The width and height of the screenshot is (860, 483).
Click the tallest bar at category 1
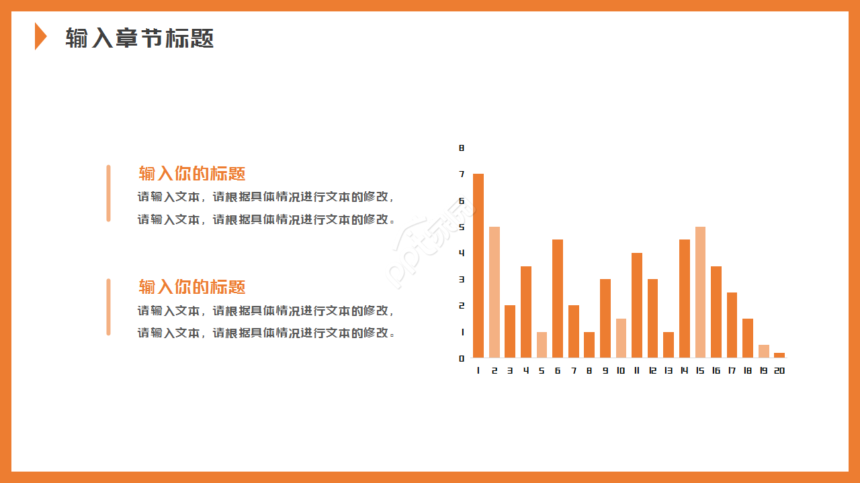(x=478, y=266)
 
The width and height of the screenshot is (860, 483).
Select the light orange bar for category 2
(x=494, y=292)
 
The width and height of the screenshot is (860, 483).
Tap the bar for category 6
(x=558, y=299)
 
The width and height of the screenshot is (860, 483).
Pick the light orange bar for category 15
(x=700, y=292)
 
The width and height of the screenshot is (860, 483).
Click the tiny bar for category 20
(x=779, y=356)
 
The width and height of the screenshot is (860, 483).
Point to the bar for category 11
(x=637, y=305)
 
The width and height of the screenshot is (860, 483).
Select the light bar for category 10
(x=621, y=338)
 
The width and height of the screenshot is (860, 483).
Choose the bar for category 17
(x=732, y=325)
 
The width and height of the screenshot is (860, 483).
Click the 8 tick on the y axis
(x=462, y=148)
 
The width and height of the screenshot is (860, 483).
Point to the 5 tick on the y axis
(x=462, y=227)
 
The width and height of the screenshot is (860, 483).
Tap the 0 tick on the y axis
(x=462, y=358)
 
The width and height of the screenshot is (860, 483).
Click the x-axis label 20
(x=779, y=370)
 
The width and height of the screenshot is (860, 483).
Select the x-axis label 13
(x=669, y=370)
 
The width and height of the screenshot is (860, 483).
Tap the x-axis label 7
(x=574, y=370)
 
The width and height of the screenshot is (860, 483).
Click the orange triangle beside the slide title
(x=41, y=36)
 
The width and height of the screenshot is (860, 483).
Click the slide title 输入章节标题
(x=139, y=38)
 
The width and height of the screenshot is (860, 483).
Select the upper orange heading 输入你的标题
(x=192, y=173)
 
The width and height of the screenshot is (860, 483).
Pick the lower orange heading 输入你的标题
(x=192, y=286)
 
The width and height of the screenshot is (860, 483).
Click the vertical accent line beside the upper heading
(x=108, y=193)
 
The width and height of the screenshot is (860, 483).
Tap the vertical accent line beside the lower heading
(x=108, y=307)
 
